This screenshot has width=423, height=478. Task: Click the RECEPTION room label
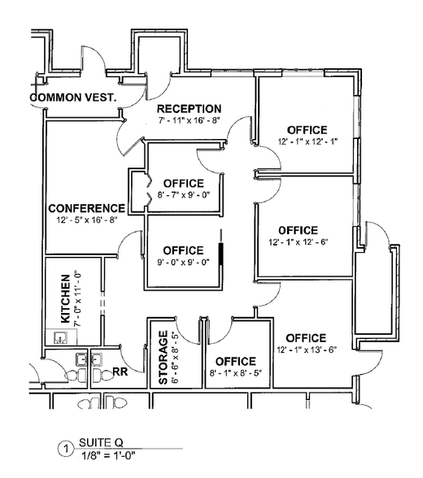tap(189, 109)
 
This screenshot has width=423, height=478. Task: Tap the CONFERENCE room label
tap(87, 208)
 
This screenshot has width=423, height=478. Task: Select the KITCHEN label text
tap(66, 299)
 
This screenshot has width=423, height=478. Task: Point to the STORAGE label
tap(164, 358)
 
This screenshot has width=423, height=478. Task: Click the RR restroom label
tap(120, 372)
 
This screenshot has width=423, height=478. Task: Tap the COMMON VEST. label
tap(73, 98)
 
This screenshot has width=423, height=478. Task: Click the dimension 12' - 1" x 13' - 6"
tap(307, 350)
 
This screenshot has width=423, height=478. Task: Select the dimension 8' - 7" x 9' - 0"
tap(184, 195)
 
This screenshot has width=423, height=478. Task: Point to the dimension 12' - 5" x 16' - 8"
tap(87, 219)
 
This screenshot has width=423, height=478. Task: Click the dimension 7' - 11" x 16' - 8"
tap(189, 120)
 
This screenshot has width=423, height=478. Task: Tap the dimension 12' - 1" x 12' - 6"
tap(299, 242)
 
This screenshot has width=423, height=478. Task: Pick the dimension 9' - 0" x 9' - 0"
tap(183, 262)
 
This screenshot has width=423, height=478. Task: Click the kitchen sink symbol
tap(60, 338)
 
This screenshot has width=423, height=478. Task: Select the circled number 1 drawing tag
tap(66, 449)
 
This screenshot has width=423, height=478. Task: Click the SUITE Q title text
tap(101, 442)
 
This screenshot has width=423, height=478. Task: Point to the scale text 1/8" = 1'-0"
tap(108, 456)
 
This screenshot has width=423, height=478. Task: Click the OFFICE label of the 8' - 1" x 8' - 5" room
tap(236, 362)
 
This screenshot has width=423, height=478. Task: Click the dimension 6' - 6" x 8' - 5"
tap(176, 358)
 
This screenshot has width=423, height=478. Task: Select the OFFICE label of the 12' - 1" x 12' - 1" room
tap(307, 130)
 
